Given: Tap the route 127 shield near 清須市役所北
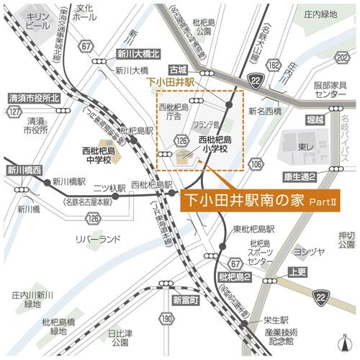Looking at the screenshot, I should point(13,112).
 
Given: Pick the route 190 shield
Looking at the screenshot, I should point(167,318).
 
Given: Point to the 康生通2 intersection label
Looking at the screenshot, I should point(302,176).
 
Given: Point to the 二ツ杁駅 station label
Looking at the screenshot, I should point(107,184).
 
